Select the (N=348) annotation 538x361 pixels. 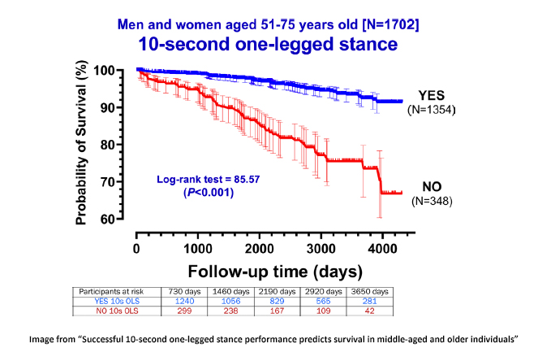tap(430, 201)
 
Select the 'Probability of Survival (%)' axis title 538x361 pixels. tap(82, 146)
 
